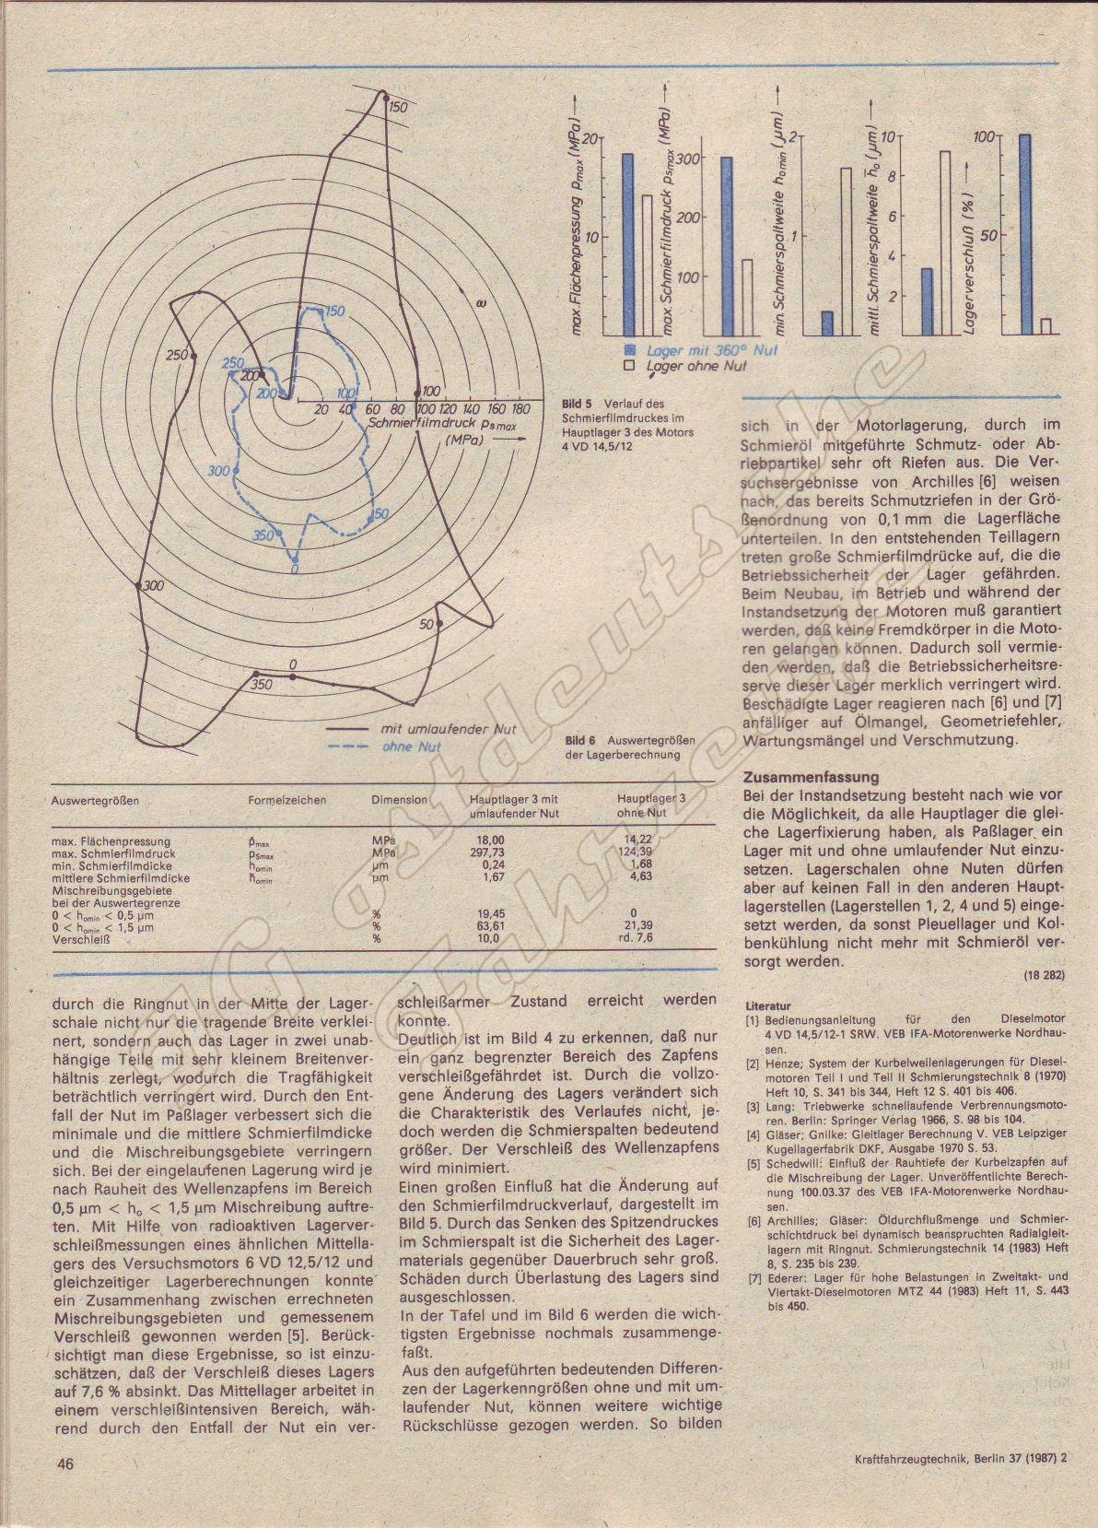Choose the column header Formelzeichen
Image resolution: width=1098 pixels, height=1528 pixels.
(286, 800)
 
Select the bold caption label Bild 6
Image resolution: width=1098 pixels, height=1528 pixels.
(581, 740)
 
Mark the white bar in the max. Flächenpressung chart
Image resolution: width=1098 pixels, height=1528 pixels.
(648, 265)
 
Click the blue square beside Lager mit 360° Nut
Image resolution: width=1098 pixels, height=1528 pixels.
(630, 350)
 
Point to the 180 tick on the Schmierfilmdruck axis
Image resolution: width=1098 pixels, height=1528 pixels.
(520, 408)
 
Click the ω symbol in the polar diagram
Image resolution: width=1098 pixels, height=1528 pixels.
(482, 301)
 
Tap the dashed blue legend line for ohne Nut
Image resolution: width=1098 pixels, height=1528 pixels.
(352, 746)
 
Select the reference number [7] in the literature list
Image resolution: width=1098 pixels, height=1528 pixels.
(752, 1276)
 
